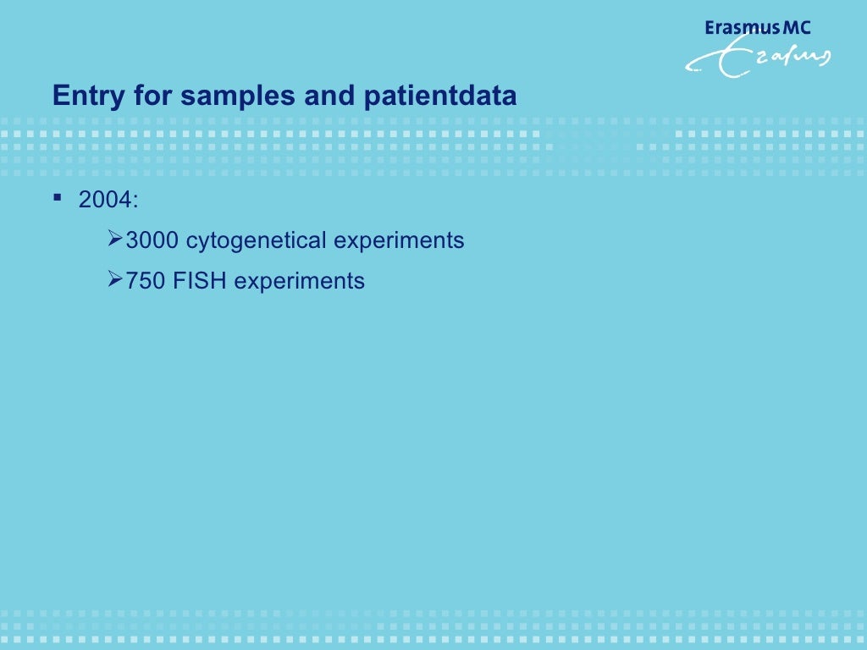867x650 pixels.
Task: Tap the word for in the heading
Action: click(153, 96)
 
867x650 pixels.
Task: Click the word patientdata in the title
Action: click(440, 96)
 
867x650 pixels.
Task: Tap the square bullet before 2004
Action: click(58, 198)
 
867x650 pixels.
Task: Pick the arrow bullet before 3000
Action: click(117, 240)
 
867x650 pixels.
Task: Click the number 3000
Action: click(152, 241)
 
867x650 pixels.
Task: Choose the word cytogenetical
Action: click(256, 241)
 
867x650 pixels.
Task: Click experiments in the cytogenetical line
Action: click(399, 241)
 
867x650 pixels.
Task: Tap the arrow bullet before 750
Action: click(117, 280)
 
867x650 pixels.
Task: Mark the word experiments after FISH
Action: click(299, 281)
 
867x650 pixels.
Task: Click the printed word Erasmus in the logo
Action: click(740, 28)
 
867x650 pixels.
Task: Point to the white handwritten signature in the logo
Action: click(758, 59)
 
